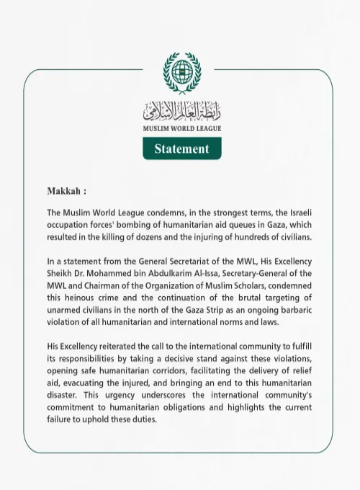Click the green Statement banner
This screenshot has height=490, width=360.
(x=181, y=148)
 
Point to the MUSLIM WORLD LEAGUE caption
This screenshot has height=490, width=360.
(x=181, y=129)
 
